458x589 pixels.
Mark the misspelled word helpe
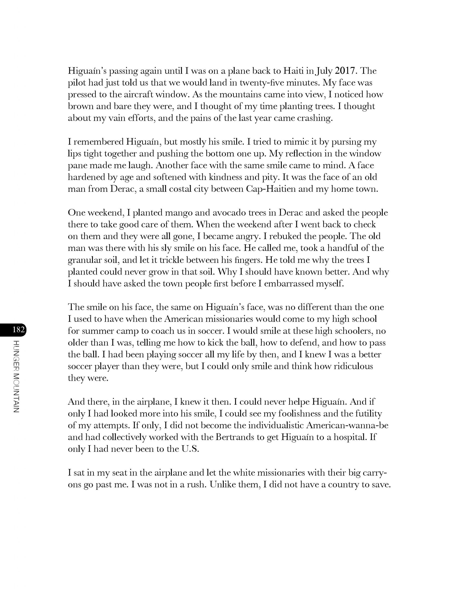[x=299, y=402]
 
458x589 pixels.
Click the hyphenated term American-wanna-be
[x=347, y=426]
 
